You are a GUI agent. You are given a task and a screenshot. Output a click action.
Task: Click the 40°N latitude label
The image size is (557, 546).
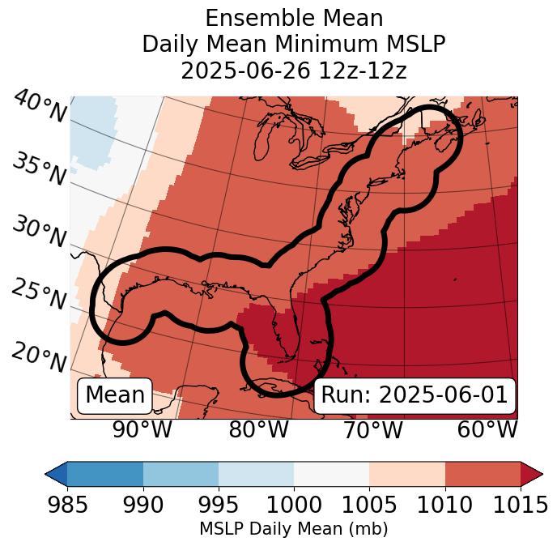point(39,108)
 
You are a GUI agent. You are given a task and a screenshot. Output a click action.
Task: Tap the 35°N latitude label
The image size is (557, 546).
point(39,169)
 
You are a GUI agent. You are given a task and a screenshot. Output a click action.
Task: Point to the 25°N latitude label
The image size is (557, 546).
point(39,295)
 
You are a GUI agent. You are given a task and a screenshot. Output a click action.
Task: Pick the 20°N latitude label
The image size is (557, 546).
point(39,356)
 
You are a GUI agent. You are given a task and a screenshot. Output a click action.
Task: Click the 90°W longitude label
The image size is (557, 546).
point(142,429)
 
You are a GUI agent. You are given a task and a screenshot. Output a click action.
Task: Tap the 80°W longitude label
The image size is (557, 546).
point(257,429)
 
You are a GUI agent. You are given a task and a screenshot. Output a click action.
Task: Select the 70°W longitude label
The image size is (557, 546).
point(373,429)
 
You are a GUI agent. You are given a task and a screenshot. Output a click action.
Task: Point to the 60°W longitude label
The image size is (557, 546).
point(487,429)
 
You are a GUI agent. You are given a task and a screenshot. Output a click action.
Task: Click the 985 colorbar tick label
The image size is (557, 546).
point(67,505)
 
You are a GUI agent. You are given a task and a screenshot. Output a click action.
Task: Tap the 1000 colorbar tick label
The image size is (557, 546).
point(294,505)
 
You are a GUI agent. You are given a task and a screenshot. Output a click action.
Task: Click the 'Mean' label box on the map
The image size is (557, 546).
point(115,395)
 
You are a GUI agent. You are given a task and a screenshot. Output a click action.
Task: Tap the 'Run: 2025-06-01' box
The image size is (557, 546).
point(414,395)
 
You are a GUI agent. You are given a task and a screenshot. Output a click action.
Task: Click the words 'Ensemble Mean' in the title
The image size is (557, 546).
point(293,18)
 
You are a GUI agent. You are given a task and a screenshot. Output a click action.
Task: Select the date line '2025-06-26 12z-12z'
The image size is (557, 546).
point(293,70)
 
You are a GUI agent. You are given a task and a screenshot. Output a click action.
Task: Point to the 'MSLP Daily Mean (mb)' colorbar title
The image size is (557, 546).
point(293,529)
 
